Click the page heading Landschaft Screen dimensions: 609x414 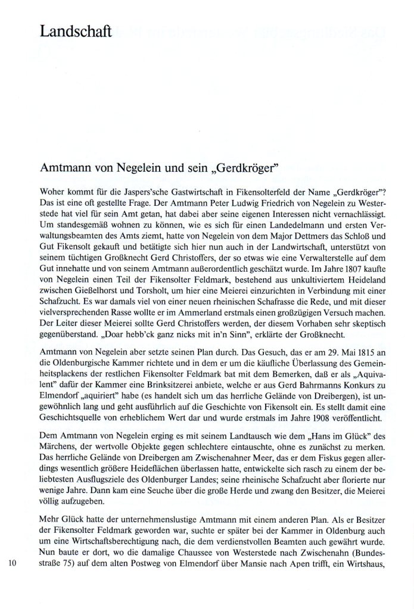click(x=74, y=31)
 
